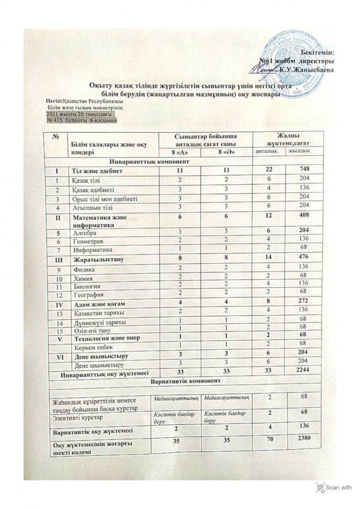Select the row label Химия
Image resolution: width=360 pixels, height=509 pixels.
click(x=83, y=278)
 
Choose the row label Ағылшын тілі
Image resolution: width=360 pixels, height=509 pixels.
click(x=93, y=205)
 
